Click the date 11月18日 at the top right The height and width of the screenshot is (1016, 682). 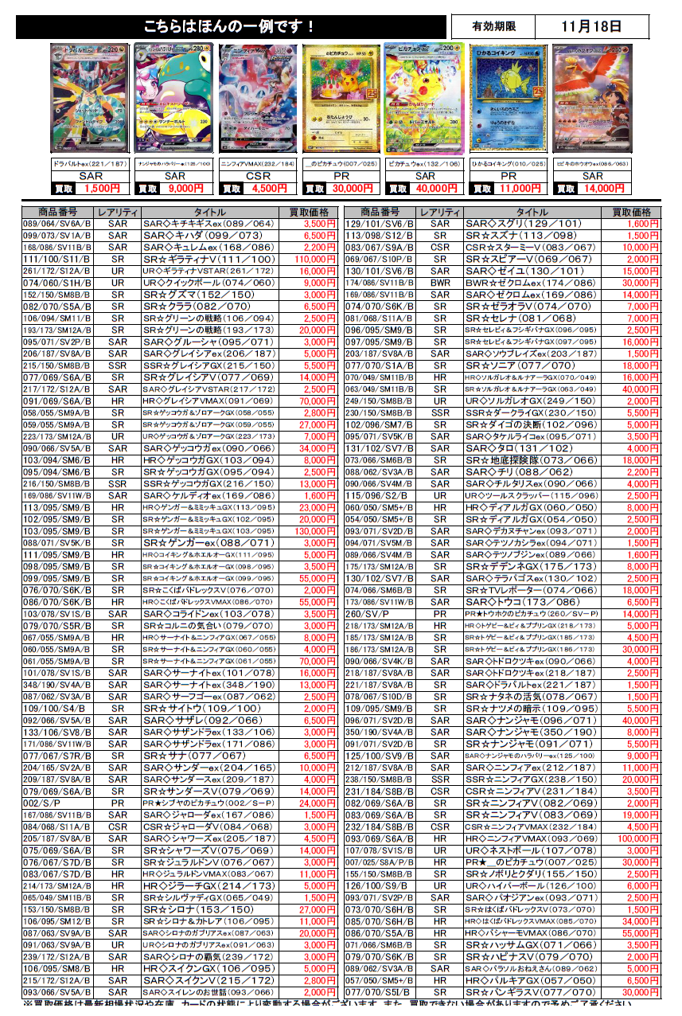(x=590, y=26)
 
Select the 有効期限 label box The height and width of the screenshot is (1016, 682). (x=491, y=26)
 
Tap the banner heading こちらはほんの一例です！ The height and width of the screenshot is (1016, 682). (x=230, y=27)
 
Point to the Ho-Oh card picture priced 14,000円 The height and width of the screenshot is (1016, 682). (x=592, y=99)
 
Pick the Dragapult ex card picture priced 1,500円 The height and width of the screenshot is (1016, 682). (x=89, y=99)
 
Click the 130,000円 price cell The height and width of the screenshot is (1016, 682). (x=314, y=530)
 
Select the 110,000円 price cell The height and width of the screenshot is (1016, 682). (x=314, y=260)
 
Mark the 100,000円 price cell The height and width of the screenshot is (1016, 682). (x=635, y=839)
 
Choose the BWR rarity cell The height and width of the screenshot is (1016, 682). (x=440, y=283)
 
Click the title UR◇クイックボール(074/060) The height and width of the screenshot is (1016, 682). (x=200, y=283)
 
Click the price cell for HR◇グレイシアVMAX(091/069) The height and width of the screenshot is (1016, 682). (x=314, y=402)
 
